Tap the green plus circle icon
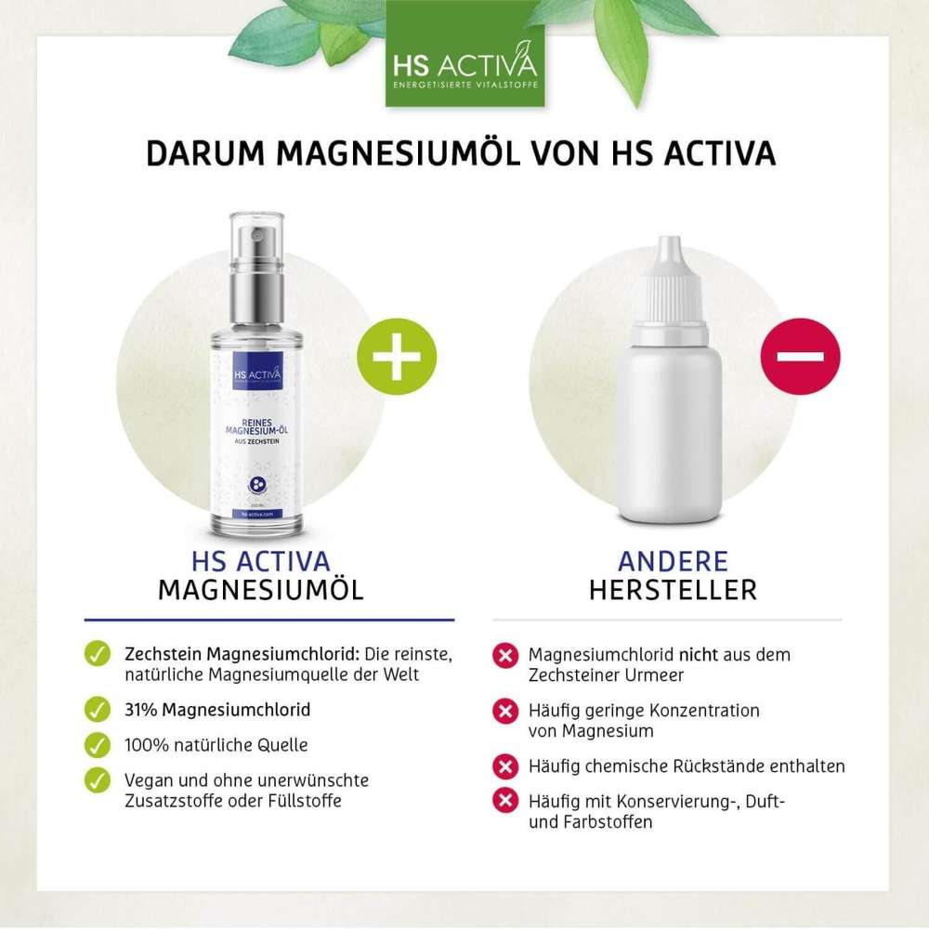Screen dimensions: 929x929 397,356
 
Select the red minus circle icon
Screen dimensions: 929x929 800,356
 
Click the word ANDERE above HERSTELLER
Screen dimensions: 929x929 673,561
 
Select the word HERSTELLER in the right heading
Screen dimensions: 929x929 673,590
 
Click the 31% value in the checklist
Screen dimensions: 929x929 140,710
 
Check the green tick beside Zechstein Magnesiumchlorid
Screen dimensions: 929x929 98,654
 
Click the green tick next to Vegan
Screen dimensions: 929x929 98,780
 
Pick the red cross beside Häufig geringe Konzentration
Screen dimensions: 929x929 504,711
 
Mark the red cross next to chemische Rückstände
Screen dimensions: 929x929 504,767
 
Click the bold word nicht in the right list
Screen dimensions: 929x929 697,655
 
